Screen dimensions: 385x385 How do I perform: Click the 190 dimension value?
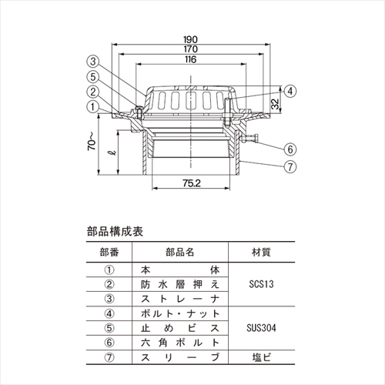coord(190,39)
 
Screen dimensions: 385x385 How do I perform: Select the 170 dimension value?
coord(190,49)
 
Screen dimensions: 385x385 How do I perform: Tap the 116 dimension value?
coord(190,59)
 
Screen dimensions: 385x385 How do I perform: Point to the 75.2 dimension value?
coord(192,183)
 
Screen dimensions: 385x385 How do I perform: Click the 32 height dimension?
coord(275,104)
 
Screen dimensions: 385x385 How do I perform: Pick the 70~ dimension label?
coord(92,142)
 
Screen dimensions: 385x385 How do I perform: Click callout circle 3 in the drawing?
coord(93,62)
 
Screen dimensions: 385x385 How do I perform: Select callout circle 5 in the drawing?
coord(93,76)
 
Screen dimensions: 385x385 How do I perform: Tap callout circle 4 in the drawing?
coord(290,91)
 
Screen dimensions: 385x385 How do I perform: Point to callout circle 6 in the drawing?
coord(290,149)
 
